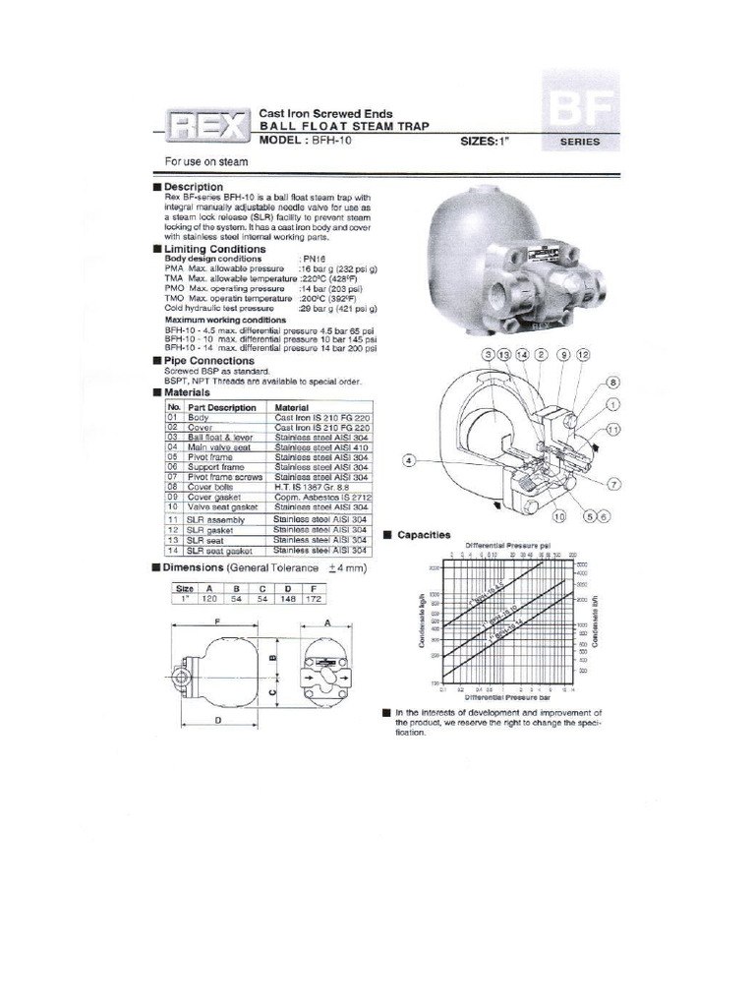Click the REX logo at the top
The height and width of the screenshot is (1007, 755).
(207, 126)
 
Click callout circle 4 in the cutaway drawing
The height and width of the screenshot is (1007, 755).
(408, 459)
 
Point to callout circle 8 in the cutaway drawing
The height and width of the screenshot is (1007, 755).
(611, 383)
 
